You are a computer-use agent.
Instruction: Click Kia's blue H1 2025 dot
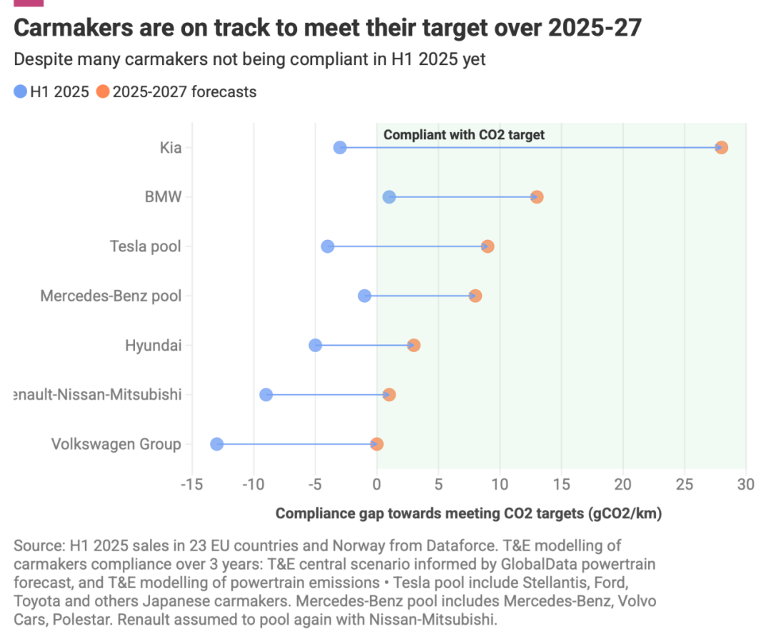pyautogui.click(x=340, y=148)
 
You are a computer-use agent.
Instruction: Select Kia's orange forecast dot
pyautogui.click(x=721, y=148)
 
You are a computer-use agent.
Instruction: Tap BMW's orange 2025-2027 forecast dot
pyautogui.click(x=537, y=197)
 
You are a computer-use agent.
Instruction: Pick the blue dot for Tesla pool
pyautogui.click(x=328, y=246)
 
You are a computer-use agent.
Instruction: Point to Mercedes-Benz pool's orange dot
pyautogui.click(x=475, y=296)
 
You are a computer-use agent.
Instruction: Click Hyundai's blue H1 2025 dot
pyautogui.click(x=316, y=346)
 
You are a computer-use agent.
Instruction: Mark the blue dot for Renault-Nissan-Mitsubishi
pyautogui.click(x=266, y=395)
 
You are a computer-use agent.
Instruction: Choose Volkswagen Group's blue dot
pyautogui.click(x=217, y=444)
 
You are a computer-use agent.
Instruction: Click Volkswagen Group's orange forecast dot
pyautogui.click(x=377, y=444)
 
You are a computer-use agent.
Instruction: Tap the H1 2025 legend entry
pyautogui.click(x=51, y=91)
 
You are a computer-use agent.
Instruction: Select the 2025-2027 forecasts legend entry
pyautogui.click(x=176, y=91)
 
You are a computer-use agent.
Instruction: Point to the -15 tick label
pyautogui.click(x=191, y=486)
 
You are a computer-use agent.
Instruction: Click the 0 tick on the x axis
pyautogui.click(x=377, y=486)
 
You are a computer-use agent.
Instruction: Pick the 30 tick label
pyautogui.click(x=746, y=486)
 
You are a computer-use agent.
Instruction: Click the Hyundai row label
pyautogui.click(x=153, y=346)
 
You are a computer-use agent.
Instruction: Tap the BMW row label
pyautogui.click(x=163, y=197)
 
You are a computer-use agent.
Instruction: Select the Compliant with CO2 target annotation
pyautogui.click(x=464, y=134)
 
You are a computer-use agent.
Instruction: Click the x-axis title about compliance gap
pyautogui.click(x=469, y=513)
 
